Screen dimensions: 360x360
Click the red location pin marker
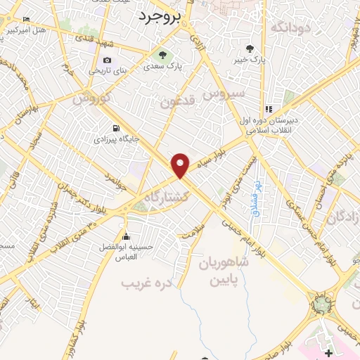coord(181,165)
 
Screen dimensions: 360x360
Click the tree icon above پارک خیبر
coord(250,49)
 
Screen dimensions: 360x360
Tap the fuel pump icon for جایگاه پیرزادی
coord(116,129)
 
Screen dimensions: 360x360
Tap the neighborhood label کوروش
coord(92,98)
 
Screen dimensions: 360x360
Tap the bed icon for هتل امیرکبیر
coord(26,19)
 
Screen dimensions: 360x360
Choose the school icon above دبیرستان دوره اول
coord(269,110)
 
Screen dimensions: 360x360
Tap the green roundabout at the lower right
coord(323,304)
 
